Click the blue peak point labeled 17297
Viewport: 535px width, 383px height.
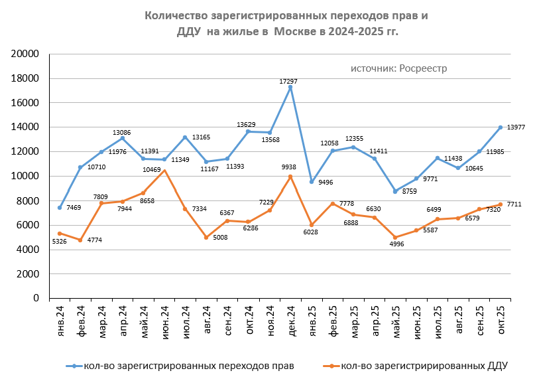(x=290, y=87)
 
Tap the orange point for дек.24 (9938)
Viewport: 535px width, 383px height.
(x=290, y=177)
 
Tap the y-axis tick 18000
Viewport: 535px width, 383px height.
(x=27, y=78)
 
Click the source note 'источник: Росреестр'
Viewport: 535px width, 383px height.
(x=399, y=68)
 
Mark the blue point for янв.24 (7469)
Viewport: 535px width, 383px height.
(x=60, y=208)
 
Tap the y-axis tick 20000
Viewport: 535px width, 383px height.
(x=27, y=54)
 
